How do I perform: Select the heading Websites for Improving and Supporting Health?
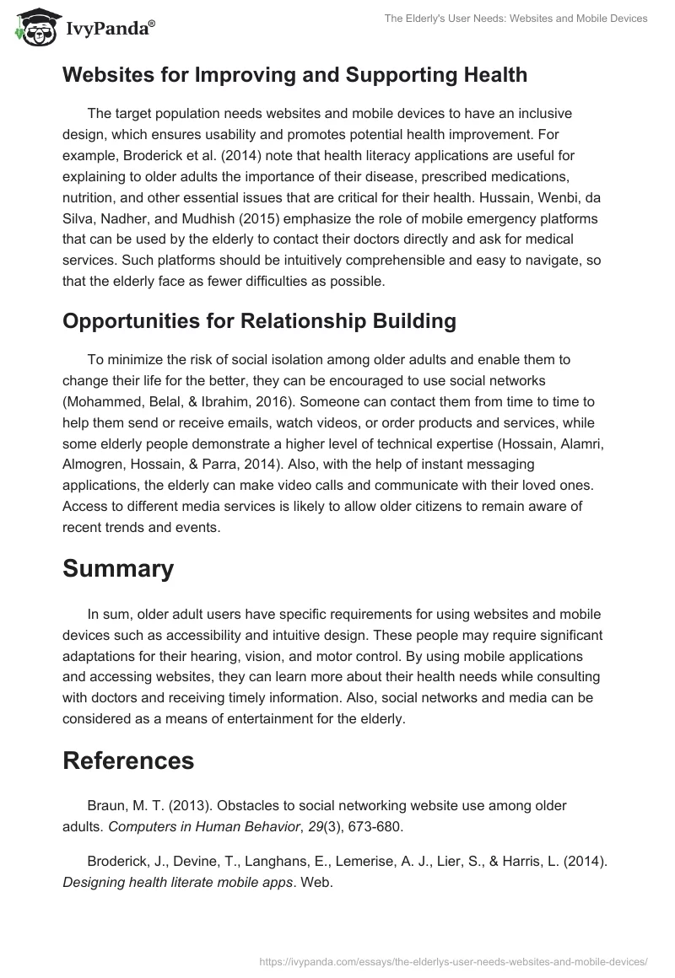point(294,75)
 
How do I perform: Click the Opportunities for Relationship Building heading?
point(259,321)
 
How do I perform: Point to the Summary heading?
point(118,568)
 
